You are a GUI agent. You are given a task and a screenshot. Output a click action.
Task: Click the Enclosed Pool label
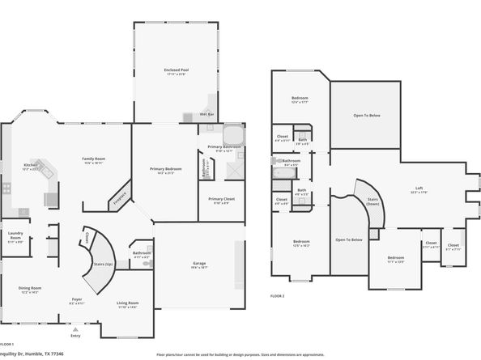[176, 71]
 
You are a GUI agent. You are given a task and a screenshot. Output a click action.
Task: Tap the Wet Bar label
[206, 114]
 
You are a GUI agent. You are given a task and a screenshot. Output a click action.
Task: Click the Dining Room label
[30, 289]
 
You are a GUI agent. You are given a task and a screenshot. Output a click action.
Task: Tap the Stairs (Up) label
[103, 264]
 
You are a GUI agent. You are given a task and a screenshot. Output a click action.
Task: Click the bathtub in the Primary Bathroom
[232, 134]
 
